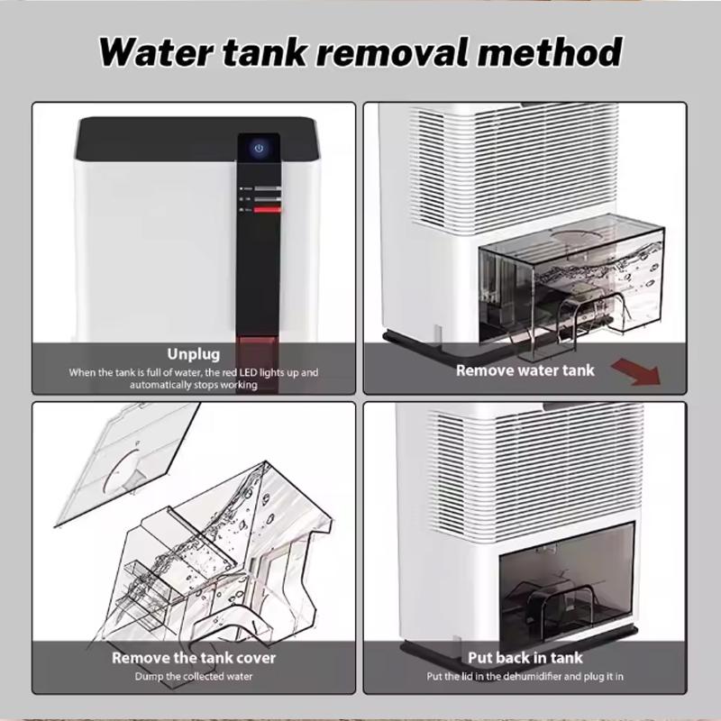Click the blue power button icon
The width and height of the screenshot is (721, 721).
pos(259,148)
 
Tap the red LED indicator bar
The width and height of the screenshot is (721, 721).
pos(267,210)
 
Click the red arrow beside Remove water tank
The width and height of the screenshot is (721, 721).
pos(637,371)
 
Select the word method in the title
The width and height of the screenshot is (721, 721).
pos(550,52)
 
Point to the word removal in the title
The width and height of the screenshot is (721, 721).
pos(393,52)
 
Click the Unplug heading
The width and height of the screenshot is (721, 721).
pos(194,354)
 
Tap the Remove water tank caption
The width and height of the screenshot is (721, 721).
pos(525,370)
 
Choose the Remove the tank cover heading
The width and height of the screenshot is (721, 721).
pos(194,658)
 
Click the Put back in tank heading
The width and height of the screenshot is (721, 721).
pos(525,658)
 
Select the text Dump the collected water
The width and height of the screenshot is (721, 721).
pos(194,677)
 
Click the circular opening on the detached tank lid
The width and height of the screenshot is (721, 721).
pos(124,470)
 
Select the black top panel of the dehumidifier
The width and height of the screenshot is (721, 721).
pos(196,139)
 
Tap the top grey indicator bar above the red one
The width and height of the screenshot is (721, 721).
pos(267,188)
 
